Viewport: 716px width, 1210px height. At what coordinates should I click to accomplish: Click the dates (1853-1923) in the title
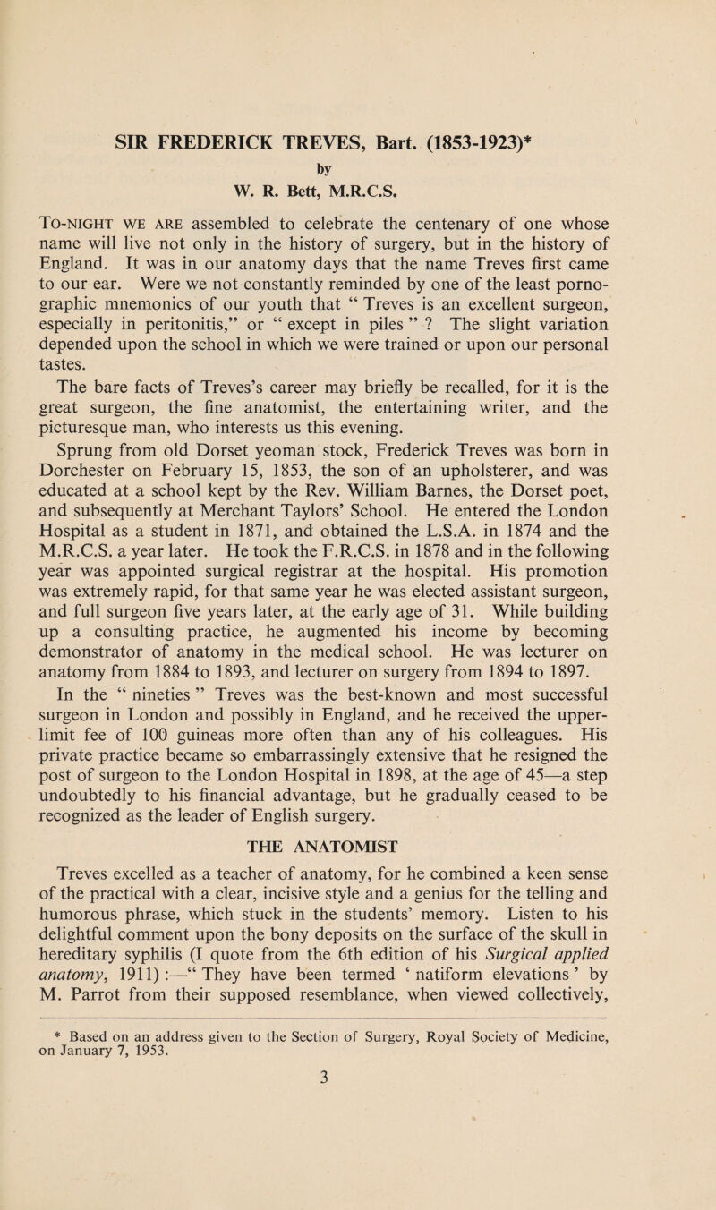(484, 141)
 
